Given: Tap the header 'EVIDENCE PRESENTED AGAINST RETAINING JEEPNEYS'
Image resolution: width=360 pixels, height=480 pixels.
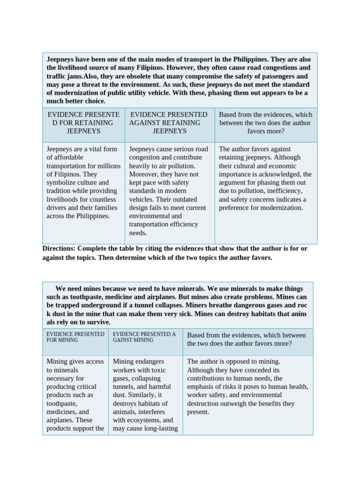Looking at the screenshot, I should pyautogui.click(x=169, y=123).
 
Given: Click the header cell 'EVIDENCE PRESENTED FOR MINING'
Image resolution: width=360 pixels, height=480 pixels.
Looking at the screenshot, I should pyautogui.click(x=75, y=337).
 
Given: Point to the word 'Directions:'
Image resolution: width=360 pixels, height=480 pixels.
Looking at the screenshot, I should pyautogui.click(x=59, y=248).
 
